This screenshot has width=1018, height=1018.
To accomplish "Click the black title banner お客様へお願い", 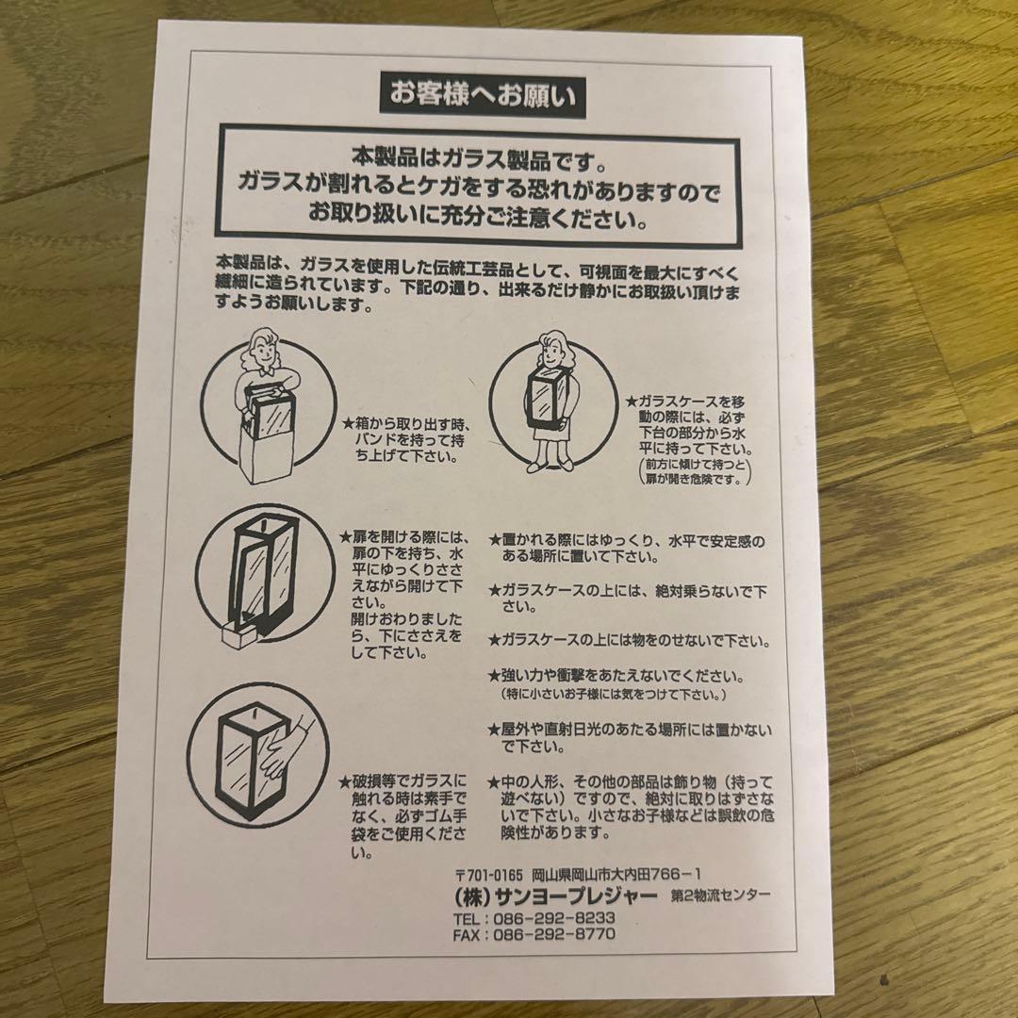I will point(482,95).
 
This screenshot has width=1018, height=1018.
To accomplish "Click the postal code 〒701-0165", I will point(487,875).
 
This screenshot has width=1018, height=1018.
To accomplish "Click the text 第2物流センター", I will point(721,895).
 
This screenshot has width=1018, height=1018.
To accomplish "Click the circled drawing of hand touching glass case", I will point(256,754).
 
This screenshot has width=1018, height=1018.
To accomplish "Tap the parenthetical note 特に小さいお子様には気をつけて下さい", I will point(613,695).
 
